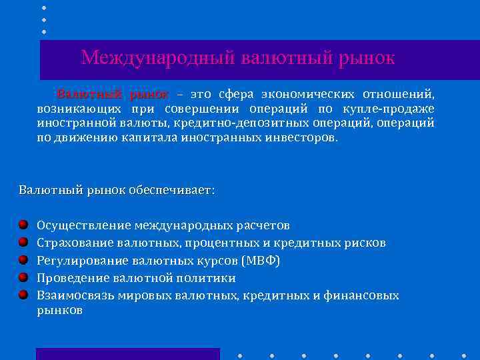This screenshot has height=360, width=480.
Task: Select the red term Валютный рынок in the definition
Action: click(112, 93)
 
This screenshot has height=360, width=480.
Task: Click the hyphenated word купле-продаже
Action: click(395, 109)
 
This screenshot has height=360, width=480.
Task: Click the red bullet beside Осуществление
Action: click(23, 225)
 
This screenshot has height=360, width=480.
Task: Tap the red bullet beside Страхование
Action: click(23, 242)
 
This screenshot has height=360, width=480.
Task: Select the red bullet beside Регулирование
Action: click(23, 259)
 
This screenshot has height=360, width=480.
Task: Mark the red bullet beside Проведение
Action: click(23, 277)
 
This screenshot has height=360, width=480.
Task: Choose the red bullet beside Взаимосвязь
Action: click(23, 294)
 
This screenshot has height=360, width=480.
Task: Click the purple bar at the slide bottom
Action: click(127, 354)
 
